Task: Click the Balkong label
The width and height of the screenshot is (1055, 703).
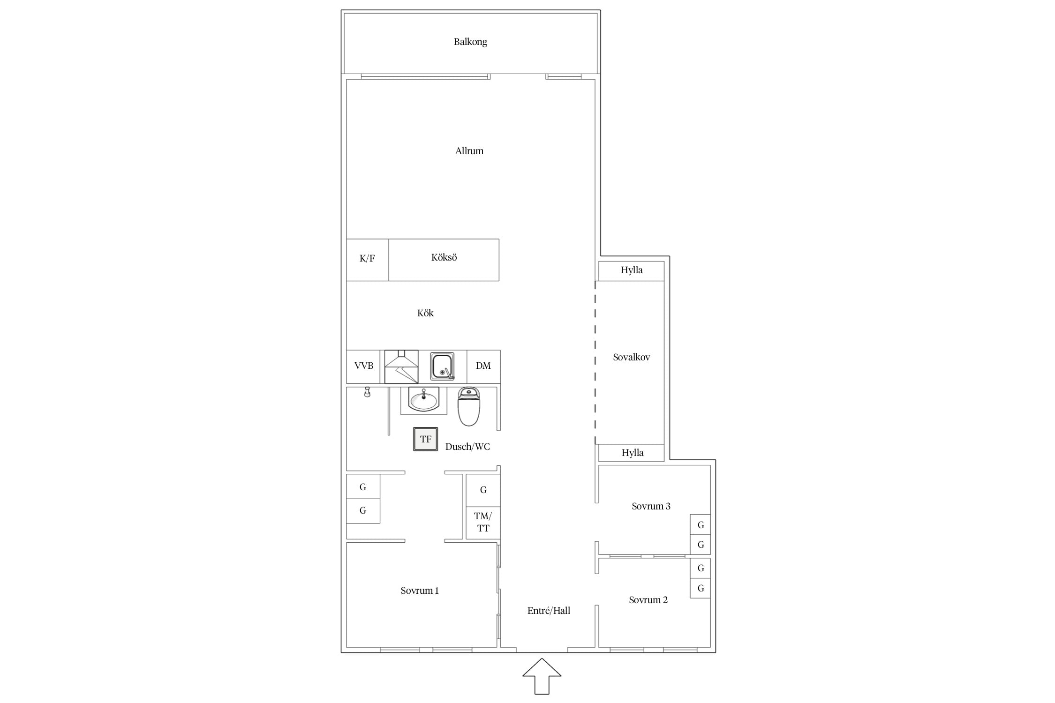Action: click(x=470, y=42)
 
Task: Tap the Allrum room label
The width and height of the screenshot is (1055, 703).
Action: click(x=469, y=151)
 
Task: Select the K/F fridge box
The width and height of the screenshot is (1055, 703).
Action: click(x=367, y=260)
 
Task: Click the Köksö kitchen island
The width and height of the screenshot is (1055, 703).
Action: click(x=444, y=260)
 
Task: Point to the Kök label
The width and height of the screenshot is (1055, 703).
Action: click(x=425, y=313)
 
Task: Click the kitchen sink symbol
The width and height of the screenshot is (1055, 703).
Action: click(x=442, y=366)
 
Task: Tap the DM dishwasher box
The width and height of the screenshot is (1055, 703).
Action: click(x=483, y=366)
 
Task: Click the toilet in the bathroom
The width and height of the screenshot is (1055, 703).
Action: click(x=469, y=406)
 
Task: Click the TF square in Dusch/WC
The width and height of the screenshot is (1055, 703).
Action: click(x=425, y=439)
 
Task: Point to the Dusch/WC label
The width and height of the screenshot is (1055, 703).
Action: click(x=467, y=447)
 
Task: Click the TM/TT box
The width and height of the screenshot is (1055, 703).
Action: click(x=483, y=523)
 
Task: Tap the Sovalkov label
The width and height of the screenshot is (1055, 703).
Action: click(x=631, y=357)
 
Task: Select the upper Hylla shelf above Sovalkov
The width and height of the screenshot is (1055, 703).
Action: click(x=631, y=271)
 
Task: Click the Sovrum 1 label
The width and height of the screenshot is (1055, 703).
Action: click(x=420, y=591)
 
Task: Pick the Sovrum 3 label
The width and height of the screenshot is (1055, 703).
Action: click(x=651, y=506)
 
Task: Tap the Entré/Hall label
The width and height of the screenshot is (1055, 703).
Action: click(x=549, y=611)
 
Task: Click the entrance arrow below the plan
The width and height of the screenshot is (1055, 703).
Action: click(x=542, y=676)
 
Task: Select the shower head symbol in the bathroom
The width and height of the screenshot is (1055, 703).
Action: click(x=368, y=392)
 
